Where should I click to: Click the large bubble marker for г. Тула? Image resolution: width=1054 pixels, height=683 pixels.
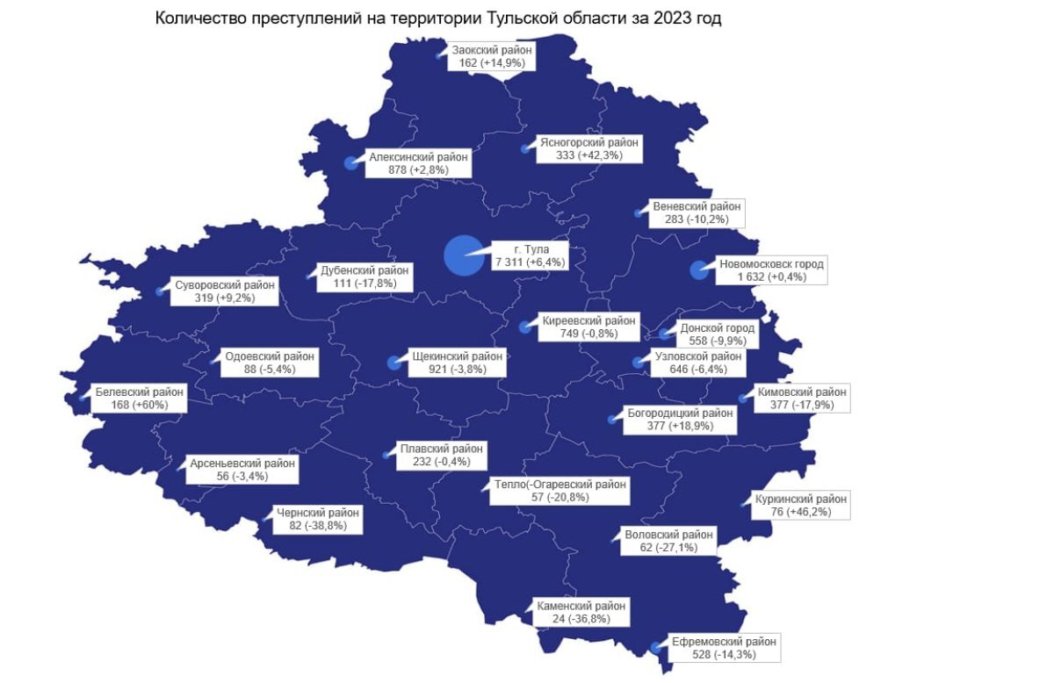coord(464,255)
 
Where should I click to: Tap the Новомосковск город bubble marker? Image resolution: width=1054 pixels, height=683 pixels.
coord(700,270)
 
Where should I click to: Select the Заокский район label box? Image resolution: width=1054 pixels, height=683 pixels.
coord(492,57)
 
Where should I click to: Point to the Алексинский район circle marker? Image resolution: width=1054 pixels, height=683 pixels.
coord(351,163)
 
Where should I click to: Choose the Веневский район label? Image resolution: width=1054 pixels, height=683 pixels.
coord(697,212)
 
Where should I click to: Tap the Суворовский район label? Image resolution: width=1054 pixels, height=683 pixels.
coord(224,291)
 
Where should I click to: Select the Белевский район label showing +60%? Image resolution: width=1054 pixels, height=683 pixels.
coord(139,399)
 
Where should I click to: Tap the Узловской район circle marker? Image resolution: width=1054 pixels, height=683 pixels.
coord(639,362)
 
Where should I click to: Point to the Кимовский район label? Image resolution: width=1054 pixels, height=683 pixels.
coord(801,399)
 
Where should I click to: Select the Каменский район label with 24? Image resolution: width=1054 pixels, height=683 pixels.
coord(580,612)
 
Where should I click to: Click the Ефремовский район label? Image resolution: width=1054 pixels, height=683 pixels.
coord(724,648)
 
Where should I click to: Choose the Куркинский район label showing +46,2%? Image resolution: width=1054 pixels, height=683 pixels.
coord(801,506)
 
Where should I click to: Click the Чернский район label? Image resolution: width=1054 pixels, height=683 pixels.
coord(318,519)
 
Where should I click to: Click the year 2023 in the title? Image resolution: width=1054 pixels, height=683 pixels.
coord(671,18)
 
